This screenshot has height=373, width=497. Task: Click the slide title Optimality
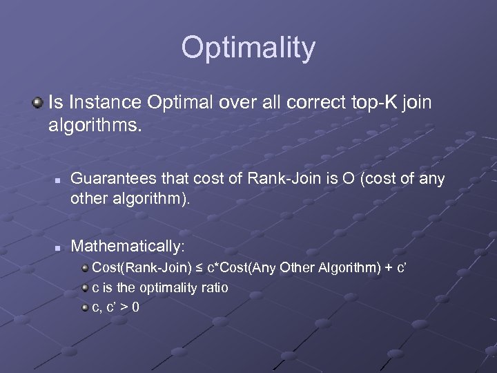248,48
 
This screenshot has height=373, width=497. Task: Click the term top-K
361,103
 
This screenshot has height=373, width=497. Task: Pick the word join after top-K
414,103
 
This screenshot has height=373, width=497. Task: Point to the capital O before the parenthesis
339,179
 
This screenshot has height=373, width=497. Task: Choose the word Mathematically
126,245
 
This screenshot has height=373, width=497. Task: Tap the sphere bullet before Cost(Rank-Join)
85,267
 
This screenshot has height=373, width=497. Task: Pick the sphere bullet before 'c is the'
85,287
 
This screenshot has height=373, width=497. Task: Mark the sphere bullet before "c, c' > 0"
85,307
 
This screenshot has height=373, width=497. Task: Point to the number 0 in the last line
135,307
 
